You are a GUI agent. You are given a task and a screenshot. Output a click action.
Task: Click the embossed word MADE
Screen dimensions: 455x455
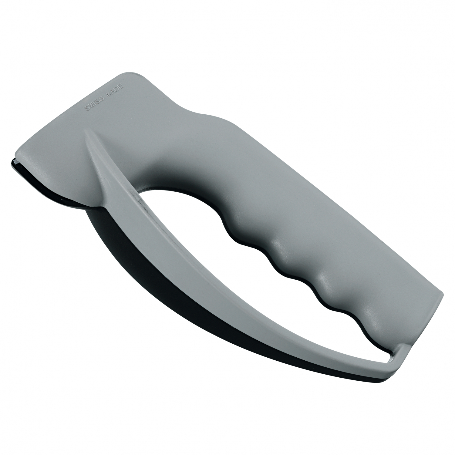coord(115,90)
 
